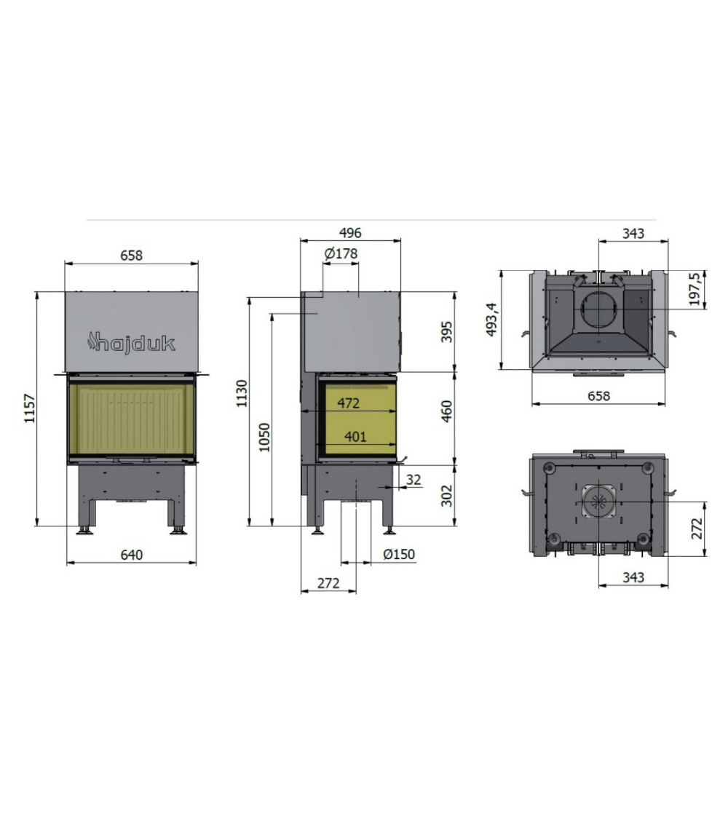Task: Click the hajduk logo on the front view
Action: coord(131,343)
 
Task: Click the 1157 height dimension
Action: coord(30,408)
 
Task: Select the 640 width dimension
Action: coord(131,555)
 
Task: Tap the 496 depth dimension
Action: coord(350,233)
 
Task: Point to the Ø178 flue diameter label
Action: coord(341,254)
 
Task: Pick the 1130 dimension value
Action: coord(241,393)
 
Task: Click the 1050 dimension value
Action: coord(264,438)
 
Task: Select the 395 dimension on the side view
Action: coord(447,332)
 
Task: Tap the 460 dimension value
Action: coord(447,411)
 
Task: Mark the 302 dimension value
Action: coord(447,496)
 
